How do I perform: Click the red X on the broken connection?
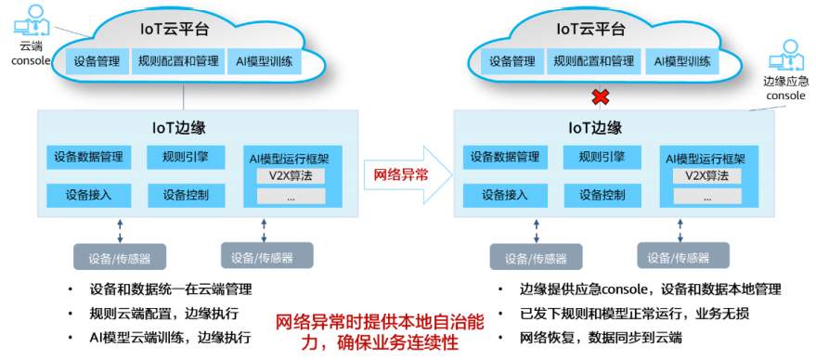coord(601,96)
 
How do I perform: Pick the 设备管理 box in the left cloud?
coord(97,61)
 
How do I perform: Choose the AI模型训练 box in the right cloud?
coord(681,61)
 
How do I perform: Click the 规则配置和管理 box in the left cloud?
coord(177,61)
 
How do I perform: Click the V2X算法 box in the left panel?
coord(291,176)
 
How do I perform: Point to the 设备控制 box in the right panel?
coord(602,195)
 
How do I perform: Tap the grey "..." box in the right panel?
coord(707,196)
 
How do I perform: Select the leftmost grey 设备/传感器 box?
coord(120,256)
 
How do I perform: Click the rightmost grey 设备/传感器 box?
coord(683,255)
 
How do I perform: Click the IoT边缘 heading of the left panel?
coord(179,128)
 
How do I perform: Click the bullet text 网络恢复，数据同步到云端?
coord(601,338)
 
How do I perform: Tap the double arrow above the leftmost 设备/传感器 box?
coord(120,230)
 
